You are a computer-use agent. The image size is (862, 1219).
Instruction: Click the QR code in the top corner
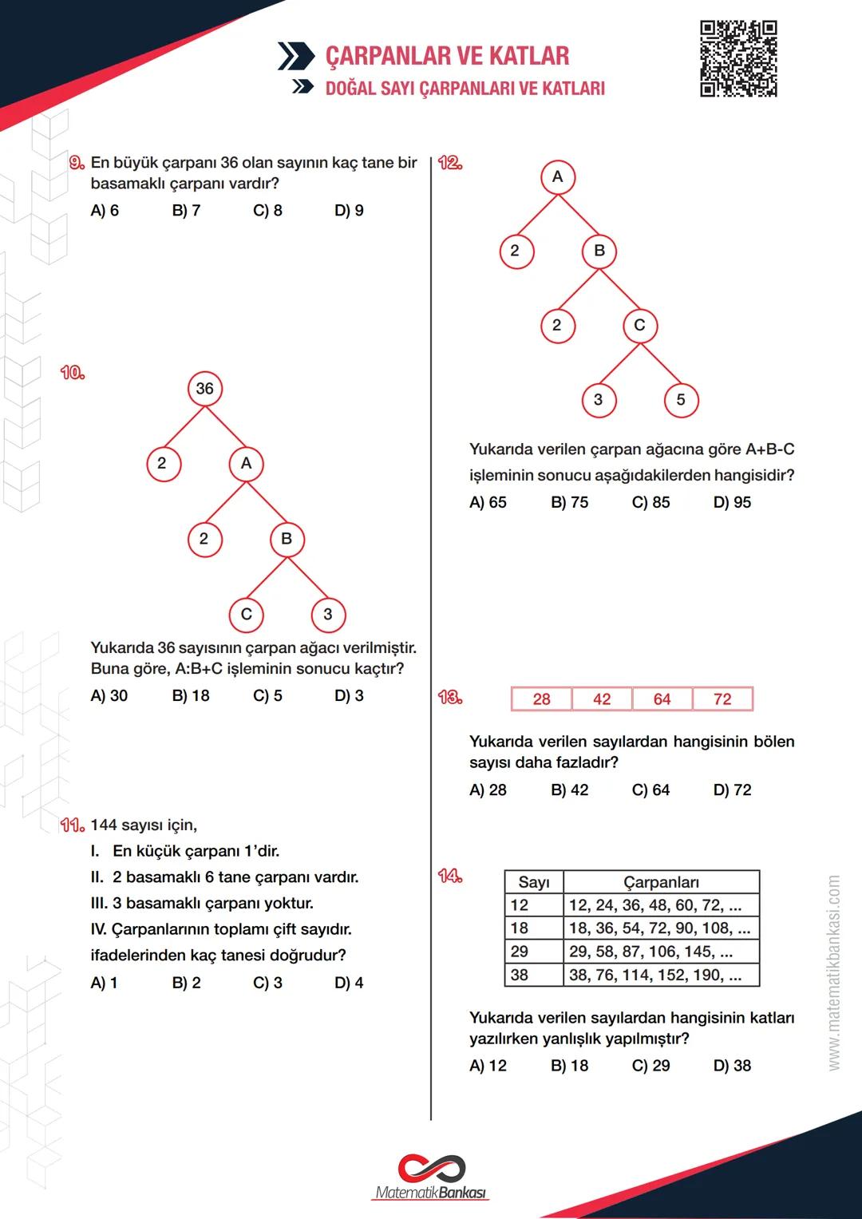(738, 59)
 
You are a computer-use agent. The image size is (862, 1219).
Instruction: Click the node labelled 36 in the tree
(205, 389)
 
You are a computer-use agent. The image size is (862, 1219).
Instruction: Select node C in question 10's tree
(246, 614)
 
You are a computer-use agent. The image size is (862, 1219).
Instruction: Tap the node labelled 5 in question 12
(681, 400)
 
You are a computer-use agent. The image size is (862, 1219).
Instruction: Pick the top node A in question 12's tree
(557, 176)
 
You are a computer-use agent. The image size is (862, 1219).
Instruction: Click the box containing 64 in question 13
(662, 699)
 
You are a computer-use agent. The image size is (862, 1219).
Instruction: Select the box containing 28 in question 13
(541, 699)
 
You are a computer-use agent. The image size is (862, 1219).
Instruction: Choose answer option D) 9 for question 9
(349, 211)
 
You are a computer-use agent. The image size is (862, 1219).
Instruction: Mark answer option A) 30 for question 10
(109, 696)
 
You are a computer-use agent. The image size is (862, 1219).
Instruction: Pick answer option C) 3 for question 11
(267, 983)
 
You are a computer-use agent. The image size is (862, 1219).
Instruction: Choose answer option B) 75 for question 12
(569, 502)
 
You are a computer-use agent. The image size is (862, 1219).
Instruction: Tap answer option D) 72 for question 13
(732, 790)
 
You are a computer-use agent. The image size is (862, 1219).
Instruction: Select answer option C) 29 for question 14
(650, 1066)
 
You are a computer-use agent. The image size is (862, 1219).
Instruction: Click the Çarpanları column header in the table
(661, 882)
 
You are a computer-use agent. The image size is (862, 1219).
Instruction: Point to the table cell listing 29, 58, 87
(661, 952)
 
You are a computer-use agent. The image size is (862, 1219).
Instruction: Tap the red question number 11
(72, 825)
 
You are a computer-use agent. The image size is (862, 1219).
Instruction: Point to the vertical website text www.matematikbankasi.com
(833, 972)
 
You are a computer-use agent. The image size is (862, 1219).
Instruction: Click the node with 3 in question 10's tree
(328, 614)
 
